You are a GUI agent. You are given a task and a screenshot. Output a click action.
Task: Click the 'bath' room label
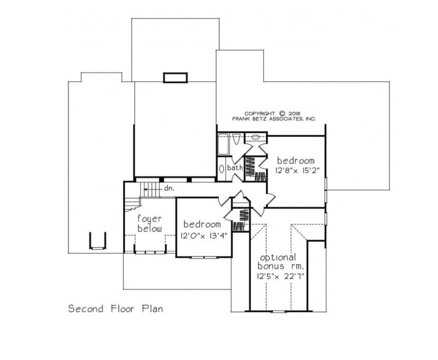tap(235, 168)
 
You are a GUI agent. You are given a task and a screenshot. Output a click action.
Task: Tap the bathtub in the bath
tap(223, 146)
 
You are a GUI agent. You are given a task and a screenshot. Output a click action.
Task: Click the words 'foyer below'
tap(149, 222)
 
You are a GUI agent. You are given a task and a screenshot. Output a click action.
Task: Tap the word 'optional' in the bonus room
tap(278, 257)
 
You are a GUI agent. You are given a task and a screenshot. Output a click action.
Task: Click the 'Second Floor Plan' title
tap(115, 308)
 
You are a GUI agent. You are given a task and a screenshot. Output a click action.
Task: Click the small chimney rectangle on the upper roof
tap(176, 77)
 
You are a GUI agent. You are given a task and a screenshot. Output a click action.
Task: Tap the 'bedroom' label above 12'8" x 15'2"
tap(296, 161)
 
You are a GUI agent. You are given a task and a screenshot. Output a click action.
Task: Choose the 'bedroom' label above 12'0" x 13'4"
tap(202, 224)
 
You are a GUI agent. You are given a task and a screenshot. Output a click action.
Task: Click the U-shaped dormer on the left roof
tap(96, 241)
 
